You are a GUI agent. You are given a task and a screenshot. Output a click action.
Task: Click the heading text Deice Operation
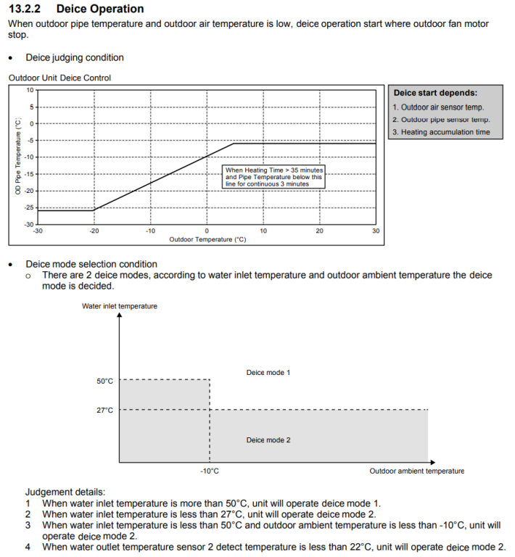point(99,9)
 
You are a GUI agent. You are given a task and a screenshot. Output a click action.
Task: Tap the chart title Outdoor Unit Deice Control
point(59,78)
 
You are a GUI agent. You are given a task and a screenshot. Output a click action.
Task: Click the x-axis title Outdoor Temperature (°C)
point(207,239)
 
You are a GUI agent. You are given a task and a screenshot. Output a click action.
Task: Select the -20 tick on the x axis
point(94,231)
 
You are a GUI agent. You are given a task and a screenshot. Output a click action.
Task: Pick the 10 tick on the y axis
point(30,90)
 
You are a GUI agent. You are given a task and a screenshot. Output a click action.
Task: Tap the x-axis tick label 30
point(376,231)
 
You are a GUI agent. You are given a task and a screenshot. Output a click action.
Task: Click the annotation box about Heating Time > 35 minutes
point(273,177)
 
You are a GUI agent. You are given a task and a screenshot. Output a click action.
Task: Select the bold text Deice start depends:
point(435,93)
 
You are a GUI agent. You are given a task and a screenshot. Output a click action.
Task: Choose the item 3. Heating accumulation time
point(441,132)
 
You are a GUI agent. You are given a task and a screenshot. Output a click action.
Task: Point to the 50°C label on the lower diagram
point(105,381)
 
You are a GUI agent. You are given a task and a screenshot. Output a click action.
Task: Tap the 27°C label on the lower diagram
point(105,410)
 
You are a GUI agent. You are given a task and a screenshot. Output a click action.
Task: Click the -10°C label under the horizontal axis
point(210,471)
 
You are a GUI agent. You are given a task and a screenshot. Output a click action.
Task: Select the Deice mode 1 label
point(268,372)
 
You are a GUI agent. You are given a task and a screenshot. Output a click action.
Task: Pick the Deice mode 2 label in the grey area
point(268,440)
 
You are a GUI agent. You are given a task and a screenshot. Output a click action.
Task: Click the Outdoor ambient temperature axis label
point(416,471)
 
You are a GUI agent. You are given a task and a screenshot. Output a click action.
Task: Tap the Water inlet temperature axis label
point(120,306)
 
